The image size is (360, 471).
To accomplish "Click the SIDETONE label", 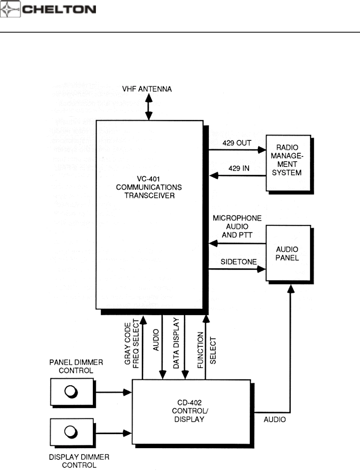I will pyautogui.click(x=234, y=262).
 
